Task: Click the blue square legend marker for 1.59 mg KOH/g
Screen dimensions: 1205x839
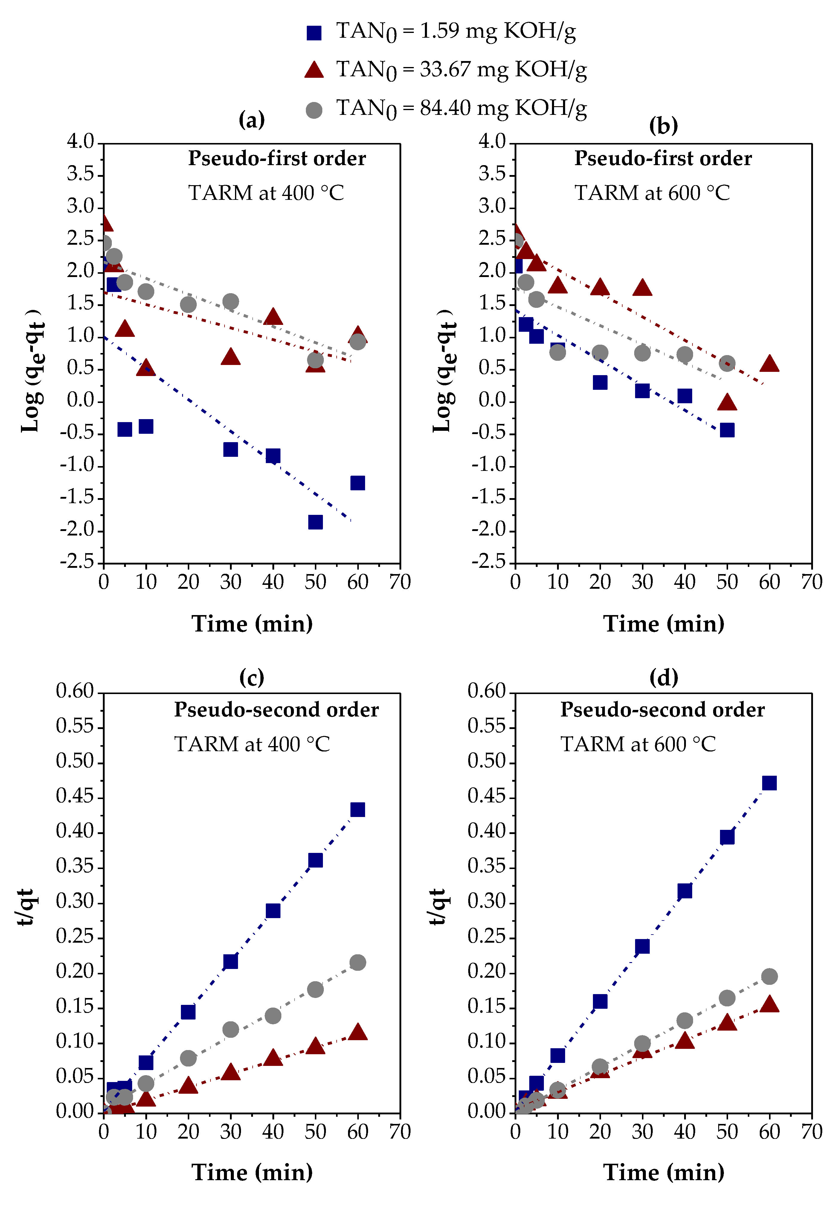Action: coord(314,33)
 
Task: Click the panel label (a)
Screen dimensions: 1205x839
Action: coord(251,120)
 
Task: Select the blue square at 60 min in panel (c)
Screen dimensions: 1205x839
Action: coord(357,810)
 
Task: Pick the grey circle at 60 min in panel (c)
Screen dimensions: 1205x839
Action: coord(357,962)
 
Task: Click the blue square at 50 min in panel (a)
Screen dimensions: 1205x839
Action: coord(315,522)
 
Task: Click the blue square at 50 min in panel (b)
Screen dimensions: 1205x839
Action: coord(727,430)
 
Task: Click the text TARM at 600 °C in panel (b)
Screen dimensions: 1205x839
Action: coord(652,193)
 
